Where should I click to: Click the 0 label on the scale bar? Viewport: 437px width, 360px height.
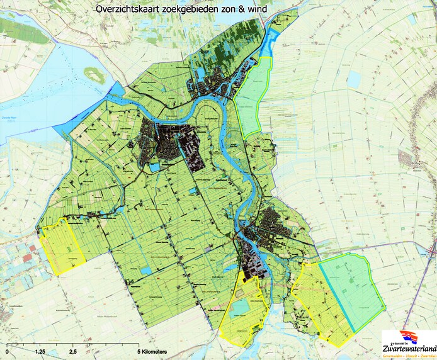7,351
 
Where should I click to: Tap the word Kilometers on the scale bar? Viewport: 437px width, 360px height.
150,351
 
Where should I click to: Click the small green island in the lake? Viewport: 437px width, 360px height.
94,76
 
